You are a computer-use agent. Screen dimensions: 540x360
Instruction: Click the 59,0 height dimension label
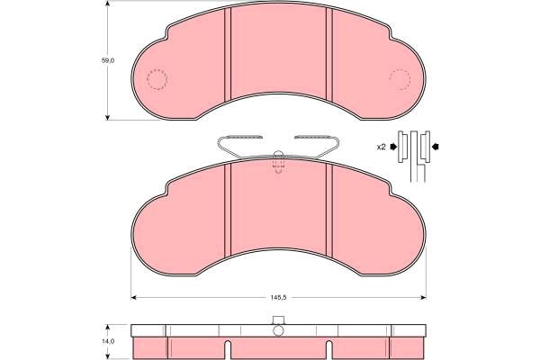107,60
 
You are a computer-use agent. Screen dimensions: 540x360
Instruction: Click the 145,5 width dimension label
278,298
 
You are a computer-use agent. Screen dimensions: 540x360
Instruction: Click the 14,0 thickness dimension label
108,341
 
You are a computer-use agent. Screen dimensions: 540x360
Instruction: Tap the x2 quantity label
381,147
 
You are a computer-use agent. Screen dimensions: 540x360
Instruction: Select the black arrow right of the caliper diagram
436,147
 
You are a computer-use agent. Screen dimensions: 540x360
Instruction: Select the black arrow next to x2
393,147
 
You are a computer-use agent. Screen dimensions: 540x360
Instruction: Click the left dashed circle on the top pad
157,79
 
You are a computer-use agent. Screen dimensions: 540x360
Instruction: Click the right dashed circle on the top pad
400,79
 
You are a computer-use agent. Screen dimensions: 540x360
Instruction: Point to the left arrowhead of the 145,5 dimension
134,298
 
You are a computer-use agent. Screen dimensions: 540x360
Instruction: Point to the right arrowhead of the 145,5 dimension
423,298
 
